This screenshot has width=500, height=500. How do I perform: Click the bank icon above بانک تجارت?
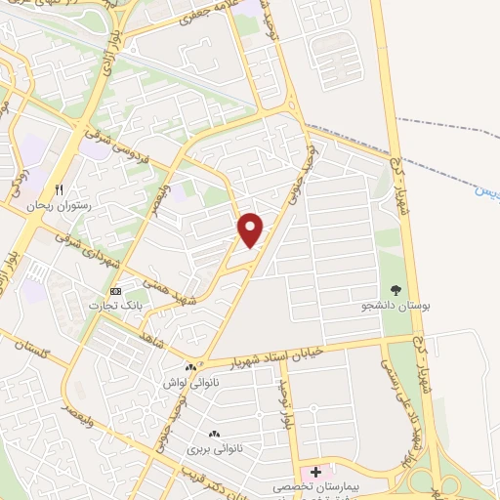tap(116, 291)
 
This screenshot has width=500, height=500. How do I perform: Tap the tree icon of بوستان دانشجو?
tap(395, 290)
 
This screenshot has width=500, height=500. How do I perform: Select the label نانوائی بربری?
tap(214, 448)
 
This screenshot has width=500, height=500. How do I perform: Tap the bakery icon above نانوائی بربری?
tap(214, 434)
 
